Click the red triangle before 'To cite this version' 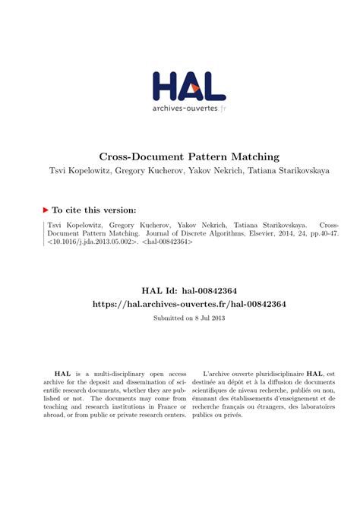[45, 210]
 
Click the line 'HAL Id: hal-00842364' [179, 289]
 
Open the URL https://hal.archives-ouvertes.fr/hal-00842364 [179, 303]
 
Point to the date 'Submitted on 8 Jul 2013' [179, 318]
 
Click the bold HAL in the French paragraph [314, 375]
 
